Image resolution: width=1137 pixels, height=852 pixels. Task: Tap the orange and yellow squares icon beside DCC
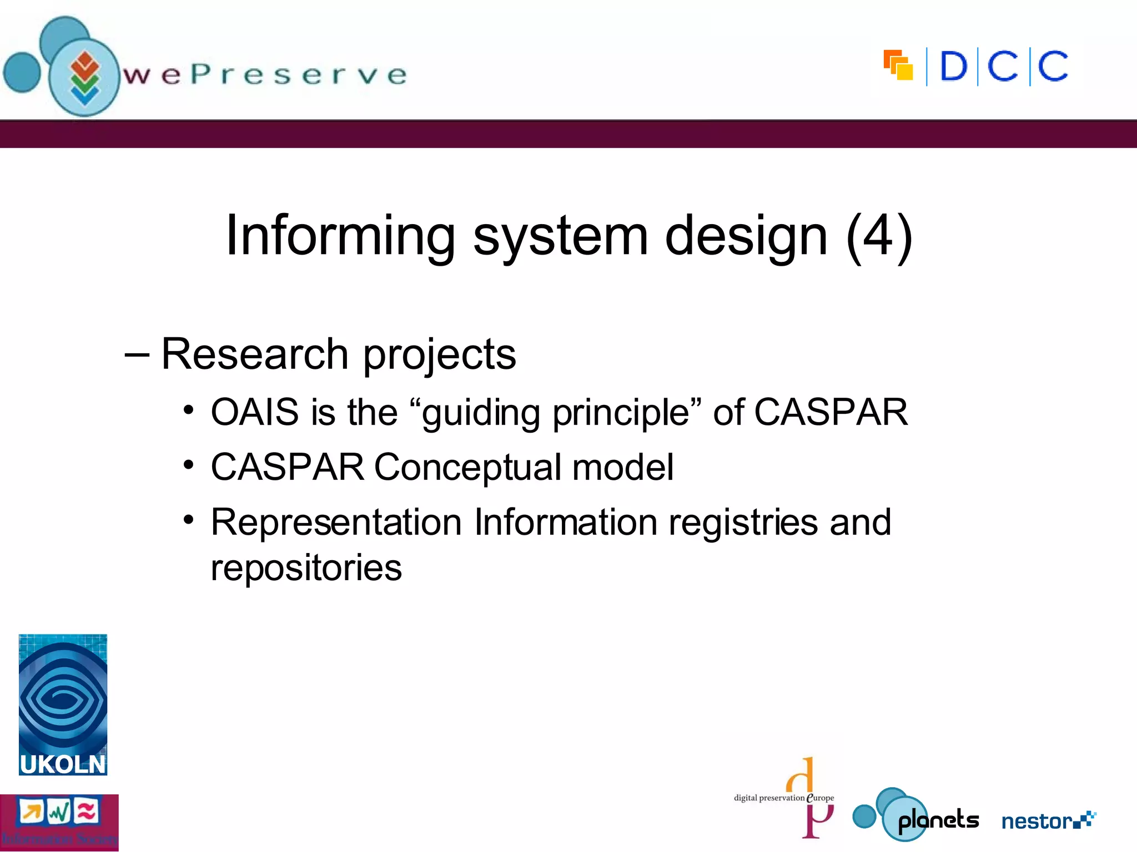[898, 65]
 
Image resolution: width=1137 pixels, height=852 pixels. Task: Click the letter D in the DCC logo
[953, 67]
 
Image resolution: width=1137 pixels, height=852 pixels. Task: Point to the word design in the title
[746, 236]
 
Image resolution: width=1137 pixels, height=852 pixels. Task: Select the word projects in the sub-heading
[439, 355]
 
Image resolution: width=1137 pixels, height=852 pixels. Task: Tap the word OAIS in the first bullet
[255, 412]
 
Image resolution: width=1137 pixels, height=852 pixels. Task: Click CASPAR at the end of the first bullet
[831, 412]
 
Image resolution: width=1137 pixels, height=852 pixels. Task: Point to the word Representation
[336, 523]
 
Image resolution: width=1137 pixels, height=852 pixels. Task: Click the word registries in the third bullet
[743, 523]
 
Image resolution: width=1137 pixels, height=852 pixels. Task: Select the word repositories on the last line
[306, 569]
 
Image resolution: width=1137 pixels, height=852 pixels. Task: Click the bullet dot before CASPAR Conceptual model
[189, 465]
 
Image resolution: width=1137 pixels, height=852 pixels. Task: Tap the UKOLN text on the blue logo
[63, 764]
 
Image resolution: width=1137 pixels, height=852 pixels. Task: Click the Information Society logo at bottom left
[59, 823]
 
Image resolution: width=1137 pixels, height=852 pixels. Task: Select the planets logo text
[938, 820]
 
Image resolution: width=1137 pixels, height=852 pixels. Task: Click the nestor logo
[1047, 820]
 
